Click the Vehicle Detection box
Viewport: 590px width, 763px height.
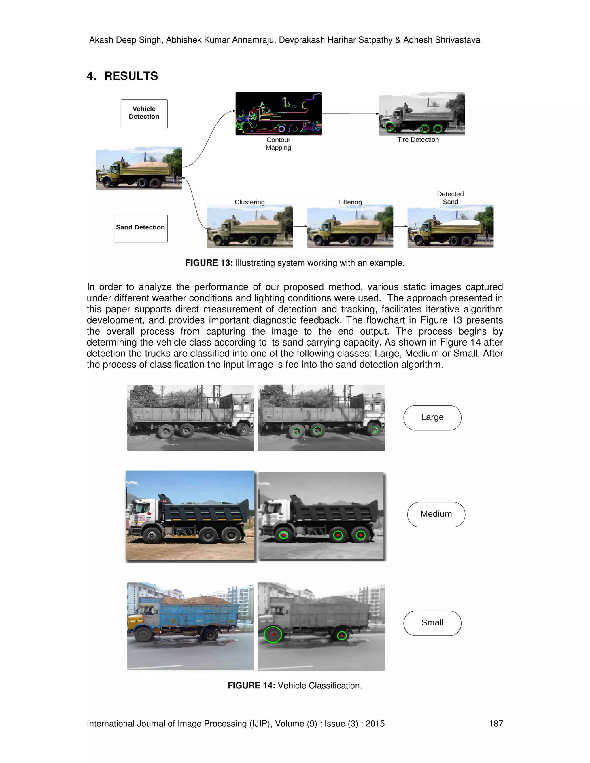(144, 113)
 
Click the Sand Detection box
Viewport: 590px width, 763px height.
(141, 228)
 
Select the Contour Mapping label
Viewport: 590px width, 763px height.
(278, 144)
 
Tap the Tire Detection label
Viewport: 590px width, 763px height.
(418, 140)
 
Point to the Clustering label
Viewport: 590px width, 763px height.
(249, 202)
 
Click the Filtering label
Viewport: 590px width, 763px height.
(350, 202)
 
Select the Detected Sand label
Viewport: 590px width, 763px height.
(450, 198)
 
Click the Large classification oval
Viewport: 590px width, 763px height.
(432, 417)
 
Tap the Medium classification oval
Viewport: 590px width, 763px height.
(436, 514)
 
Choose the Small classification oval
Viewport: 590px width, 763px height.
(432, 623)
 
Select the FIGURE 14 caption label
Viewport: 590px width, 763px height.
(251, 686)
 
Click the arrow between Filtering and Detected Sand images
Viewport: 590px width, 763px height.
(400, 226)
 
